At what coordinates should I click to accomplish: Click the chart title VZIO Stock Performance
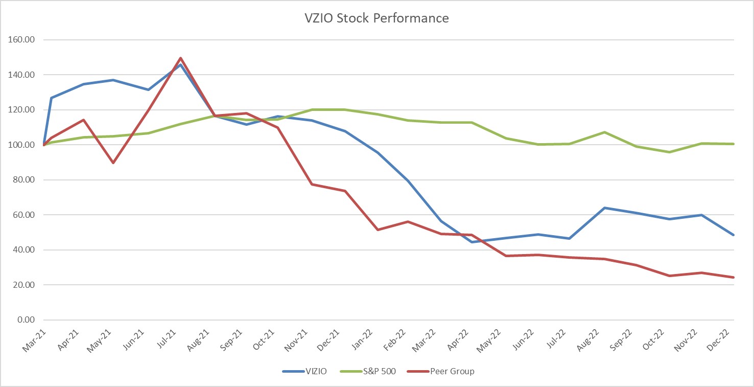coord(376,18)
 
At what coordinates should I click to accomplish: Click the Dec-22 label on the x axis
coord(724,340)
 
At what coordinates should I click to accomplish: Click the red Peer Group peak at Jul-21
coord(180,58)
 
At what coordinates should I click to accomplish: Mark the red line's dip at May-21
coord(113,163)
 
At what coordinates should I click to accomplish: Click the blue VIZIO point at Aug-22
coord(604,208)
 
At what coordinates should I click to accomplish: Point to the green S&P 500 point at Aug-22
coord(604,132)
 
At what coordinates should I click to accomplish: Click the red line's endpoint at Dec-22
coord(734,278)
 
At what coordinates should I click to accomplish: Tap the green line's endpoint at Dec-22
coord(734,144)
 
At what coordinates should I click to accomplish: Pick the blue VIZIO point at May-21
coord(113,80)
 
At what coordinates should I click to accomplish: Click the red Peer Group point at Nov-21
coord(312,184)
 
